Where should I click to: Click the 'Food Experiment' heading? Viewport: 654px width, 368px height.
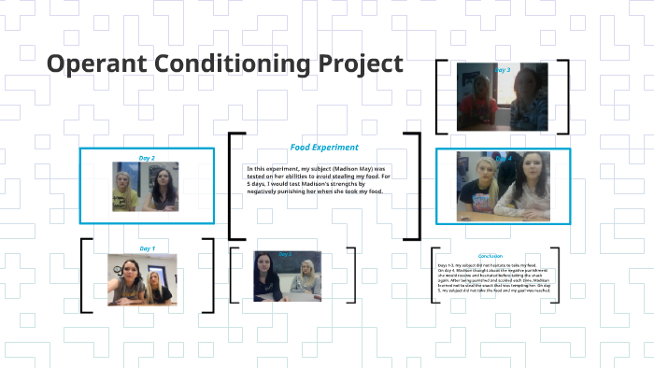[323, 147]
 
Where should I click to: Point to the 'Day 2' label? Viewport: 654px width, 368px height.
[147, 158]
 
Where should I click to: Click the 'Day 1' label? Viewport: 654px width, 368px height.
[147, 248]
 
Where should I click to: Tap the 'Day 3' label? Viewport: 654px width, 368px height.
[502, 70]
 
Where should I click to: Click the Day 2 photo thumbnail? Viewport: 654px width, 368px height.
[146, 187]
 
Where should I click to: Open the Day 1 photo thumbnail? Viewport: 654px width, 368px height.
[142, 278]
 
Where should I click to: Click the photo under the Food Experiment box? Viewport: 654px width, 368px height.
[289, 275]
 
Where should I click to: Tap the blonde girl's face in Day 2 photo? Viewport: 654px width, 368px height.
[125, 178]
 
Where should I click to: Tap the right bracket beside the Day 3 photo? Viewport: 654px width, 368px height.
[564, 98]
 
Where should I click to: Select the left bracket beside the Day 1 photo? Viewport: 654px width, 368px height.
[85, 276]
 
